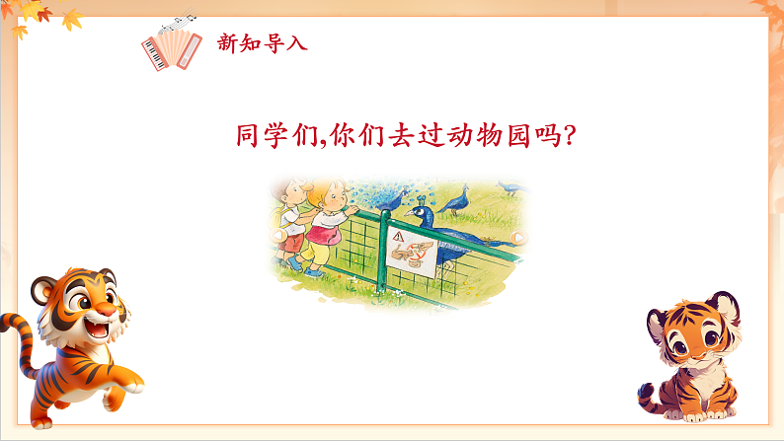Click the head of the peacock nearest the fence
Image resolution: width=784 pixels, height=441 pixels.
tap(421, 210)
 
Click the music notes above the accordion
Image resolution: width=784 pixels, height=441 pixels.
tap(180, 21)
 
